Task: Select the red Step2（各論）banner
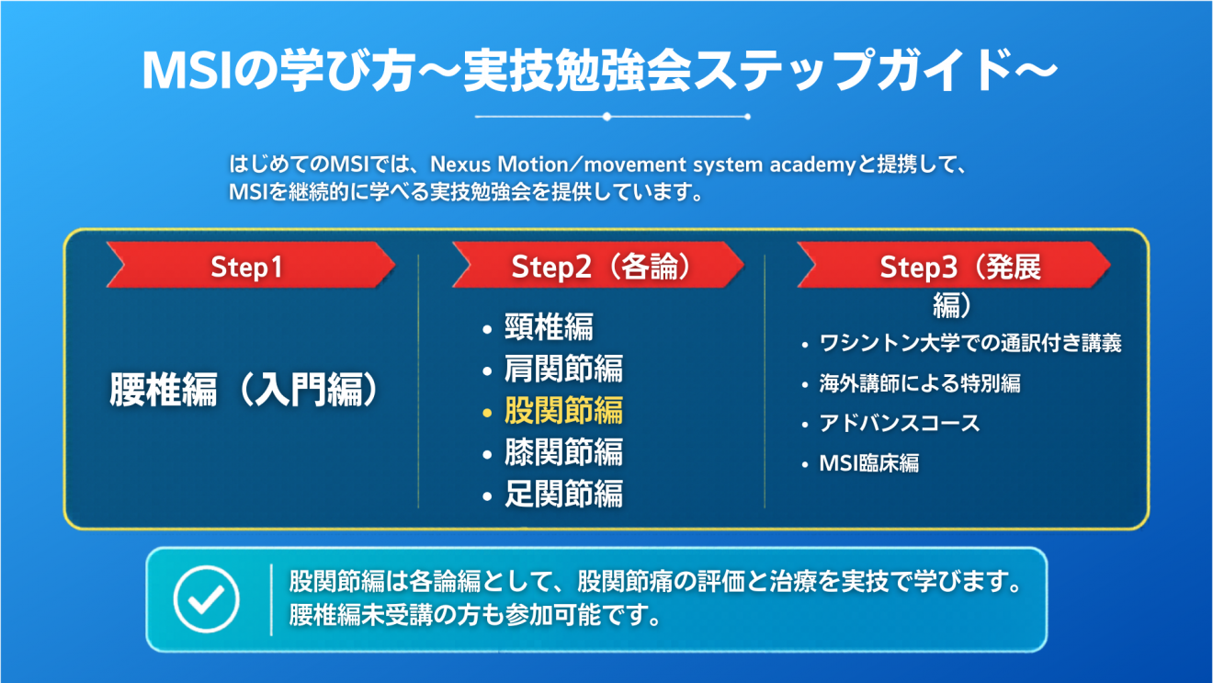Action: (x=598, y=265)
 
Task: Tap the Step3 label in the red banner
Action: (x=918, y=267)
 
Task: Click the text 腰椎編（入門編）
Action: (x=244, y=390)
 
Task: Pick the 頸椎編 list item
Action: (x=550, y=326)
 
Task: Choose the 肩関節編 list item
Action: (x=563, y=369)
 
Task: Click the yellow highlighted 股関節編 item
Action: (x=563, y=410)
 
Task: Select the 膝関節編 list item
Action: (x=563, y=451)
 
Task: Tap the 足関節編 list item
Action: (x=563, y=494)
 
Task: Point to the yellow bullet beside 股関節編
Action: (x=487, y=414)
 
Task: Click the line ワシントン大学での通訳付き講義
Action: (x=969, y=343)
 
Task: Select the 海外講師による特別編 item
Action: (x=920, y=383)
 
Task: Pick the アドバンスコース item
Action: (x=900, y=423)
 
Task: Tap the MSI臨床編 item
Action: (x=868, y=463)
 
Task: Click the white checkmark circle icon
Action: (x=207, y=598)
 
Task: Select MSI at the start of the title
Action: (x=187, y=72)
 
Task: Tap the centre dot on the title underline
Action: (x=607, y=117)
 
